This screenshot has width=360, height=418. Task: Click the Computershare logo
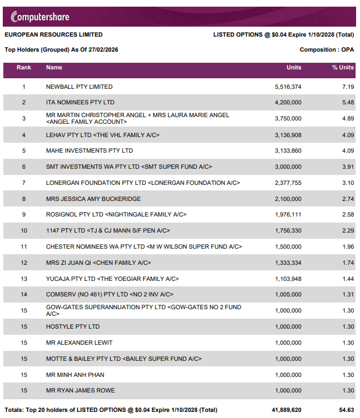tap(37, 17)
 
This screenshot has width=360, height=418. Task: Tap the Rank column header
tap(24, 68)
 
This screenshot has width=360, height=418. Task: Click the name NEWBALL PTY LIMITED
tap(79, 87)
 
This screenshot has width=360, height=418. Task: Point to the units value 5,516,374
tap(288, 87)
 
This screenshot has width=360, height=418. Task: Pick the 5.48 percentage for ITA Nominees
tap(348, 102)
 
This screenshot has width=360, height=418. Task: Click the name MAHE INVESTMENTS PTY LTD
tap(89, 150)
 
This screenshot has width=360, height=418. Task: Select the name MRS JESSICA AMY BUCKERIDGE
tap(93, 199)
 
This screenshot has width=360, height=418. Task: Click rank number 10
tap(24, 230)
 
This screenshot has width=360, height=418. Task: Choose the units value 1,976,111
tap(288, 214)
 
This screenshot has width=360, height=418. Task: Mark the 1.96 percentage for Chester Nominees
tap(348, 246)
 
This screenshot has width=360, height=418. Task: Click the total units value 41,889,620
tap(285, 410)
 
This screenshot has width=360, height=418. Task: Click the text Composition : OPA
tap(327, 49)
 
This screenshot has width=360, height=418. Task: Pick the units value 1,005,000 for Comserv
tap(288, 294)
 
